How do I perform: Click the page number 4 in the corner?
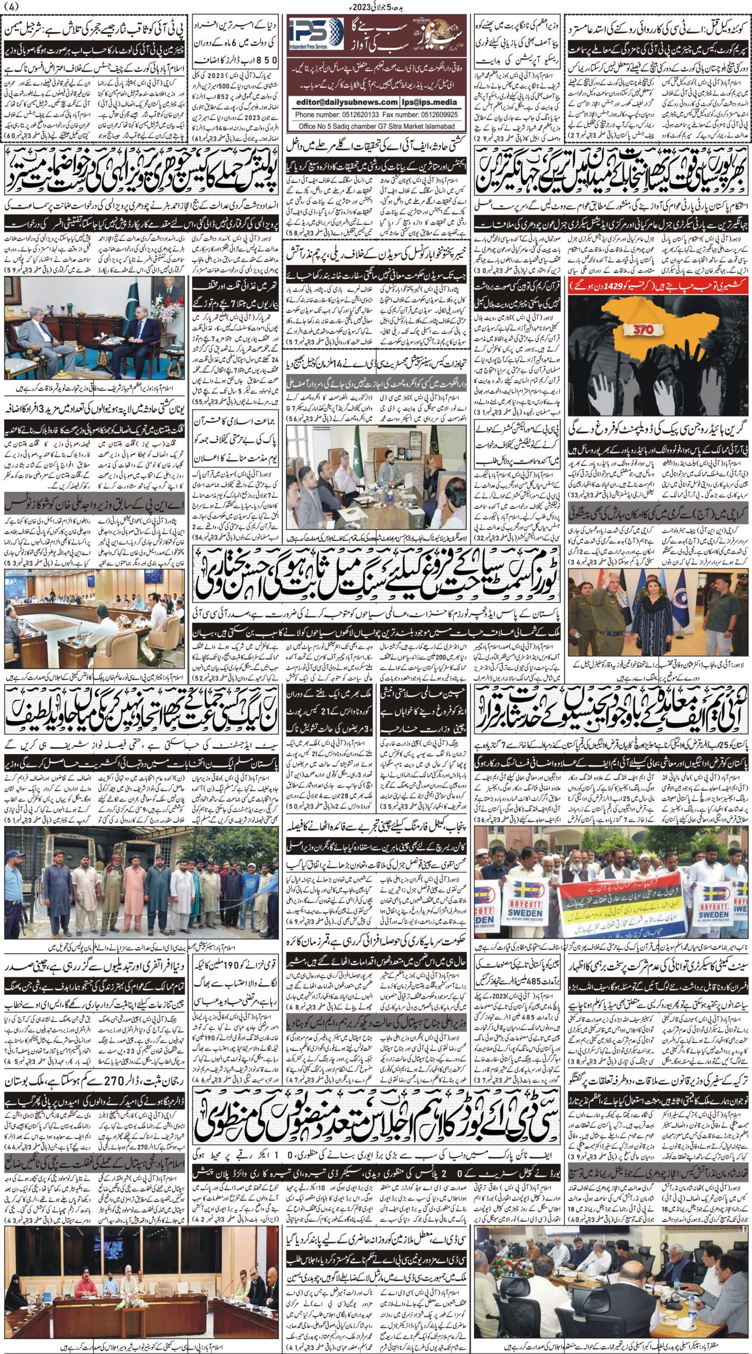[x=11, y=7]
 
